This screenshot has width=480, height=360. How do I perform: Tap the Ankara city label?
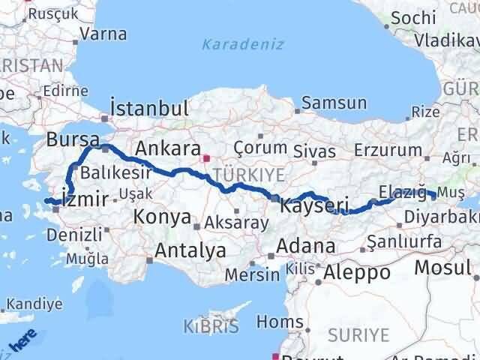coord(166,149)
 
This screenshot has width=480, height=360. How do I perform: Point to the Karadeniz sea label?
coord(242,44)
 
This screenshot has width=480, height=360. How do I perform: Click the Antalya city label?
coord(190,250)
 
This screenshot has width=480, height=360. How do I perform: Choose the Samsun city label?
coord(335,103)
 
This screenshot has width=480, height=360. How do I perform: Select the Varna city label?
coord(103,34)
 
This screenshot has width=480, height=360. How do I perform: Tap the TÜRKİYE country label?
coord(248,174)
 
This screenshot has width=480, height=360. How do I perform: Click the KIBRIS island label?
coord(211,326)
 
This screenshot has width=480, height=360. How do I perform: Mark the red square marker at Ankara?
coord(206,158)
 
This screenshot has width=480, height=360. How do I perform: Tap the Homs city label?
coord(278,322)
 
